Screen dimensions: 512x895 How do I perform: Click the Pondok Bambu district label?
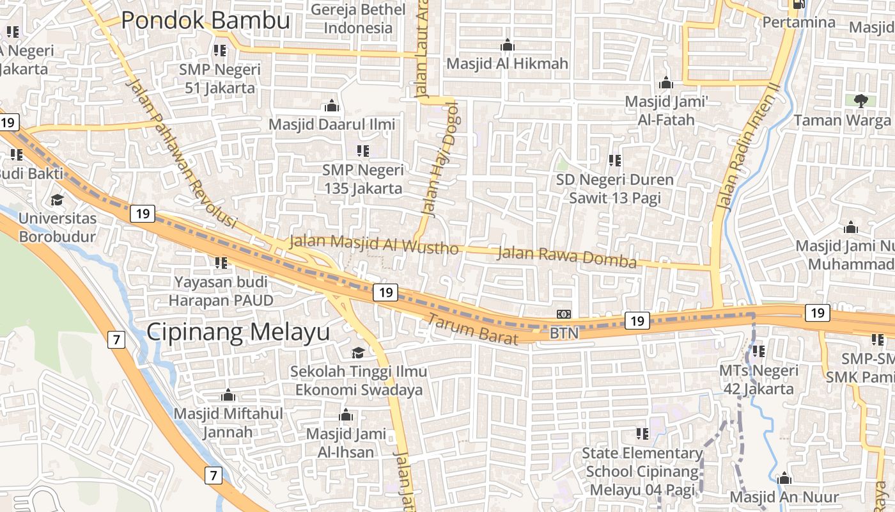(x=205, y=20)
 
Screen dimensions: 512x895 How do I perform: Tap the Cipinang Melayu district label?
(x=238, y=332)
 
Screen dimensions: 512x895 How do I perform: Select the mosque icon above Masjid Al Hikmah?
(x=508, y=45)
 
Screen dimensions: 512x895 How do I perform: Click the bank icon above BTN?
(x=564, y=314)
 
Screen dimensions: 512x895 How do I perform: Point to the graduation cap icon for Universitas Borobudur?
(x=57, y=200)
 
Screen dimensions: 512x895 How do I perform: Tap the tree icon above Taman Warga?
(x=860, y=100)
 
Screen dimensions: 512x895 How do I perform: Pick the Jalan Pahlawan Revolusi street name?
(x=182, y=154)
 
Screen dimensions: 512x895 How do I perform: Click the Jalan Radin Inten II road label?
(x=749, y=147)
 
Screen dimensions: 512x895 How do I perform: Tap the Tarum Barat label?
(x=472, y=330)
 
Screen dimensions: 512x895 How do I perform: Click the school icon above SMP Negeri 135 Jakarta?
(x=363, y=151)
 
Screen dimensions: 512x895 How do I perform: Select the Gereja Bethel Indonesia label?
(x=358, y=19)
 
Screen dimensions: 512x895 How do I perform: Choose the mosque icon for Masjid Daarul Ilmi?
(x=332, y=105)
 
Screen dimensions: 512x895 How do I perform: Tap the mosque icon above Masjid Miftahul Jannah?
(x=228, y=396)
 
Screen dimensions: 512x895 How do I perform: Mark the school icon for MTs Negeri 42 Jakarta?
(x=759, y=351)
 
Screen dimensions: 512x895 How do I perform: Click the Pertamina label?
(x=798, y=22)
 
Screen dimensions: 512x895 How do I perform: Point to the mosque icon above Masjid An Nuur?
(x=784, y=479)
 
